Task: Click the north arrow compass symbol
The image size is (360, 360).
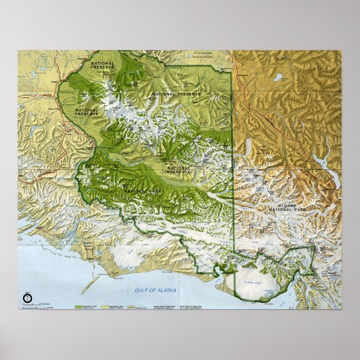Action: tap(26, 296)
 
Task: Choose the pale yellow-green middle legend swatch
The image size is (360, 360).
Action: tap(107, 306)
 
